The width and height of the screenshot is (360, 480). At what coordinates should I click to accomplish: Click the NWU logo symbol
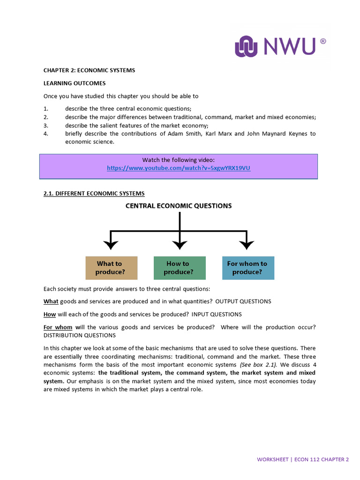[x=247, y=47]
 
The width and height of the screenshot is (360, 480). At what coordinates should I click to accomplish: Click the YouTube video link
[x=179, y=168]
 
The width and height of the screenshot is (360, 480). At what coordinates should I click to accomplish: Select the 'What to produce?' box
[x=111, y=268]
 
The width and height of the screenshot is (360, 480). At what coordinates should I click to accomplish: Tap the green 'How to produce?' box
[x=180, y=268]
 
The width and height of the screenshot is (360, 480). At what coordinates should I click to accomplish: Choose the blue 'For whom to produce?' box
[x=248, y=268]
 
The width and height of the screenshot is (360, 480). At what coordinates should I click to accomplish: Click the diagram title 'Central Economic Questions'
[x=179, y=205]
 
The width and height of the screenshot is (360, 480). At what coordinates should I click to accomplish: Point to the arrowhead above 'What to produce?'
[x=111, y=244]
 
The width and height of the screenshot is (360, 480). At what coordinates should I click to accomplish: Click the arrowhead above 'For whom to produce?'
[x=247, y=244]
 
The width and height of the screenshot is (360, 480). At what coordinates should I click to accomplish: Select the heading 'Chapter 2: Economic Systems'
[x=89, y=70]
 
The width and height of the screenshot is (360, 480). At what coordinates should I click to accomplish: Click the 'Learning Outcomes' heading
[x=75, y=83]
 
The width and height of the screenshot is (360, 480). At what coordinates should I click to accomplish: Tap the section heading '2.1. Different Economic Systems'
[x=94, y=193]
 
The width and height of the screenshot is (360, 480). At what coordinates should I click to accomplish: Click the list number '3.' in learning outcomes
[x=46, y=126]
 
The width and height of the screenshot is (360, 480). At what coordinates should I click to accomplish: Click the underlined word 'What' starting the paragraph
[x=51, y=301]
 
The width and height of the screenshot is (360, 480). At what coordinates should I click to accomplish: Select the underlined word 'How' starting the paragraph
[x=50, y=314]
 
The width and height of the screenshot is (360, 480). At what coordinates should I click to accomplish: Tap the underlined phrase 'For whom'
[x=58, y=327]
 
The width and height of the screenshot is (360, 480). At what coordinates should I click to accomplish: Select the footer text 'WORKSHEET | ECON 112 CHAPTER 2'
[x=302, y=459]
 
